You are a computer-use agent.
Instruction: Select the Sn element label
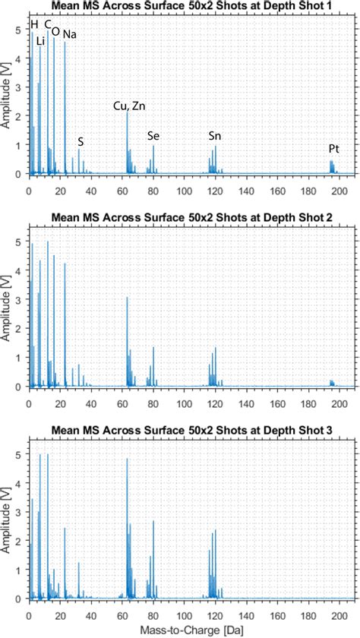coord(215,136)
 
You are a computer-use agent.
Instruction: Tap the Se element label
coord(153,136)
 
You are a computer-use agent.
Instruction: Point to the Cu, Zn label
coord(130,106)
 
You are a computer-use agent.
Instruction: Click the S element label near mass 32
coord(81,141)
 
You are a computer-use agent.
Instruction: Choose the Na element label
coord(68,35)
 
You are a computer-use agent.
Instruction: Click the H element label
coord(34,24)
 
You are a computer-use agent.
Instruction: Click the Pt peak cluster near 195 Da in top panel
coord(332,167)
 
